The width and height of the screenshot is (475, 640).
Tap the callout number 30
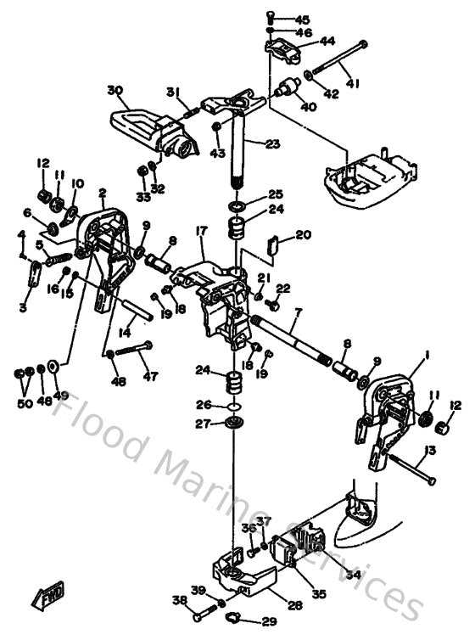click(x=116, y=90)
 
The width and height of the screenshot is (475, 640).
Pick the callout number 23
click(x=271, y=144)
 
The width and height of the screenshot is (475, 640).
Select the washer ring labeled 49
click(x=54, y=366)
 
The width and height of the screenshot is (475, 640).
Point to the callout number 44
click(x=303, y=41)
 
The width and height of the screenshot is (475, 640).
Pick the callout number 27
click(x=203, y=424)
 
